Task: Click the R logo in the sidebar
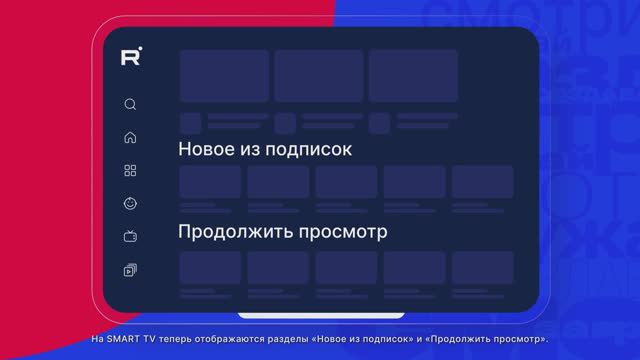pyautogui.click(x=130, y=57)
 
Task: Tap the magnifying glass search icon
pyautogui.click(x=130, y=104)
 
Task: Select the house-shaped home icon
pyautogui.click(x=130, y=137)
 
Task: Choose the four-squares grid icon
pyautogui.click(x=130, y=170)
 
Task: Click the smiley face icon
pyautogui.click(x=130, y=203)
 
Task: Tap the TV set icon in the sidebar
pyautogui.click(x=130, y=236)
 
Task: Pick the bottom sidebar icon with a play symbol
pyautogui.click(x=130, y=269)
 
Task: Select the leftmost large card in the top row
pyautogui.click(x=224, y=75)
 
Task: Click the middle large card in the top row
pyautogui.click(x=319, y=75)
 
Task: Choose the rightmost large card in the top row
pyautogui.click(x=413, y=75)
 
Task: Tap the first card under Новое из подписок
pyautogui.click(x=210, y=182)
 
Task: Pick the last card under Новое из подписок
pyautogui.click(x=482, y=182)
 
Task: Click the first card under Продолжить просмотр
pyautogui.click(x=210, y=267)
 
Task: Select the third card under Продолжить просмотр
pyautogui.click(x=346, y=267)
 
